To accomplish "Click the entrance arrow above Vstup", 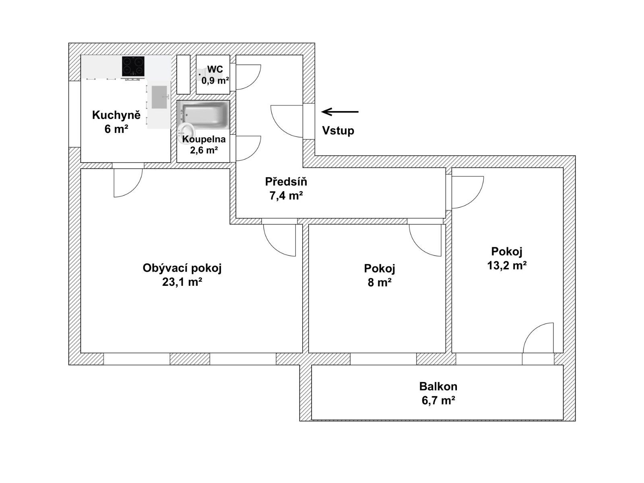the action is (340, 112).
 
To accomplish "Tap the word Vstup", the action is (338, 130).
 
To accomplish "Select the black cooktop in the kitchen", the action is (133, 68).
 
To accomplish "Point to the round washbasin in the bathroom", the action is (186, 130).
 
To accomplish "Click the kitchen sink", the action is (160, 97).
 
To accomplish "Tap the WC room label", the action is (215, 70).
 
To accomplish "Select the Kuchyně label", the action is (116, 115).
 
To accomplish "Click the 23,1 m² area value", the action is (182, 282).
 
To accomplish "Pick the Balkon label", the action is (438, 386).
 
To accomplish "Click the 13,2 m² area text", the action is (507, 265).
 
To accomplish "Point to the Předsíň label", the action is (286, 182).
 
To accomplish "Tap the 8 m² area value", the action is (380, 283).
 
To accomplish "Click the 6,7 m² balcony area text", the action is (438, 400).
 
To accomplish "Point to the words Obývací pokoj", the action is (182, 268).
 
